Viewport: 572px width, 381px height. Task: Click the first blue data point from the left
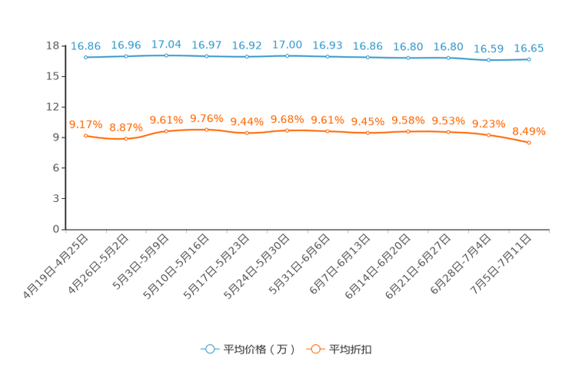click(85, 57)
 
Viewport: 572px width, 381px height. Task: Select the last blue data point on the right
click(529, 59)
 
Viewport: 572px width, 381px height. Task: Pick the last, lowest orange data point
click(529, 143)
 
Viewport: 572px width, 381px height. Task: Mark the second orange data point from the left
click(126, 139)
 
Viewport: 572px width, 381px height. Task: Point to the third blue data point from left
click(166, 55)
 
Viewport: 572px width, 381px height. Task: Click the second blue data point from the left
click(126, 56)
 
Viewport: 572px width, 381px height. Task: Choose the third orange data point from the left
click(166, 131)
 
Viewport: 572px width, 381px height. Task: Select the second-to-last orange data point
click(488, 135)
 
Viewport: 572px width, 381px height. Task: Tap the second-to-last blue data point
click(488, 59)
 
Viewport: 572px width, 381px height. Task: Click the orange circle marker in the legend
click(315, 349)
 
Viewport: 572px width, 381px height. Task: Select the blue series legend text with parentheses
click(259, 350)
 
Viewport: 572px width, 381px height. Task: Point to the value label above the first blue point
click(85, 46)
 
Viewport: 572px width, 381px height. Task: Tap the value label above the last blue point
click(529, 48)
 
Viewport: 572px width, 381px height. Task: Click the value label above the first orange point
click(85, 124)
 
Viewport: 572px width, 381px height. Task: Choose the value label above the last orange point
click(529, 131)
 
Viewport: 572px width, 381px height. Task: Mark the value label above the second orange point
click(126, 128)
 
